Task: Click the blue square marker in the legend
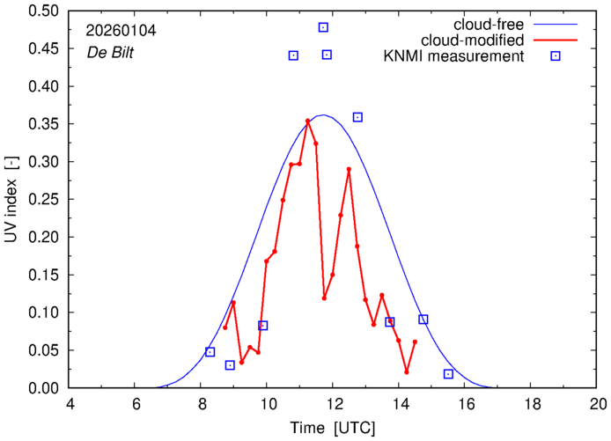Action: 556,56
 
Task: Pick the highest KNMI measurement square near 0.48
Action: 323,28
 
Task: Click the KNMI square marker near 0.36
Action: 357,117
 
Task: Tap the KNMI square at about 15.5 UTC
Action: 448,374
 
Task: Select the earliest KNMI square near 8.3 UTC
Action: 210,352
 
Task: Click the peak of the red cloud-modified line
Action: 307,121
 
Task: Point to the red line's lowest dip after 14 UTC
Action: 406,371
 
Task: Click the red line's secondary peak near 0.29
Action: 349,169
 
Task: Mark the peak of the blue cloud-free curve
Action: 323,114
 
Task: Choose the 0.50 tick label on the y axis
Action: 44,11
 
